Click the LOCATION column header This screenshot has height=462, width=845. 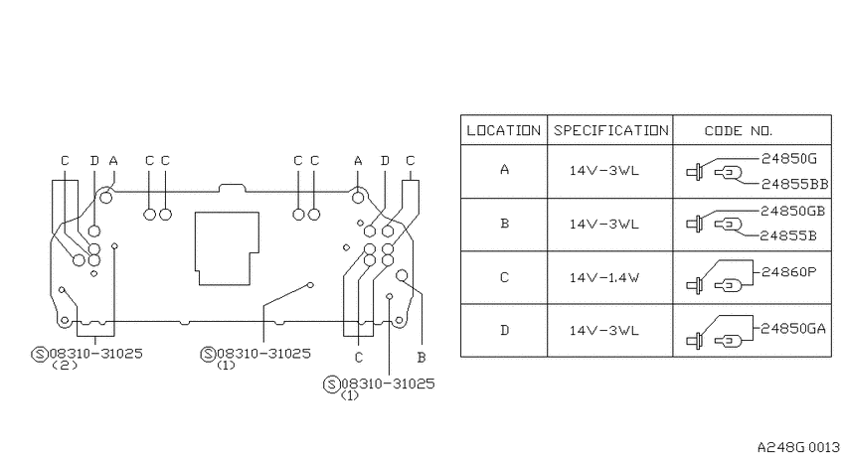[503, 130]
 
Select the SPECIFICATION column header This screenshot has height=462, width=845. [610, 130]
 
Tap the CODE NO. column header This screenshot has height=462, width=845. [739, 131]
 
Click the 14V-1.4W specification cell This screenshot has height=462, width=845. [604, 278]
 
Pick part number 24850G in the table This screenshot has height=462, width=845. [789, 158]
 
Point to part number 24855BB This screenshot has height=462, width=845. [794, 184]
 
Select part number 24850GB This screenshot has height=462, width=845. [792, 211]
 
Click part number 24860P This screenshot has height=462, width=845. [788, 272]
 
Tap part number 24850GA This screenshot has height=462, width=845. [792, 329]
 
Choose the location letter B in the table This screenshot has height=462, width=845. [504, 224]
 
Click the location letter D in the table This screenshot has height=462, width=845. [504, 330]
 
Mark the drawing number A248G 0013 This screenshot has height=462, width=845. [798, 447]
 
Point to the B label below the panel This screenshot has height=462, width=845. [422, 357]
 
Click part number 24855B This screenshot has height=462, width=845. [788, 235]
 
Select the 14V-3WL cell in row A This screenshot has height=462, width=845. [604, 171]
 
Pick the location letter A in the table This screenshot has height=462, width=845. [504, 170]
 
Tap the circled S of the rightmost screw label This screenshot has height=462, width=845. [331, 385]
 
